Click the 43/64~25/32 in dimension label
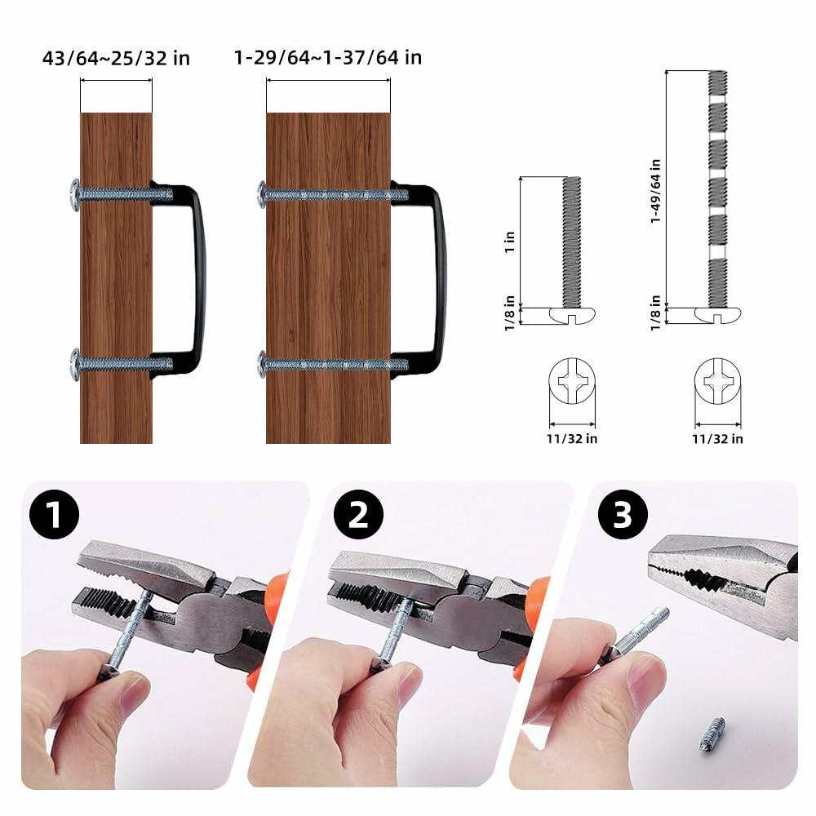click(x=116, y=57)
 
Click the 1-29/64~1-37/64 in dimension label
click(x=327, y=57)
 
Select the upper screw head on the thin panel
click(x=75, y=194)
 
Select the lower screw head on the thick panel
click(x=263, y=363)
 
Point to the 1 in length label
click(x=510, y=241)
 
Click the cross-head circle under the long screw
click(x=718, y=383)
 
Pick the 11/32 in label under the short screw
click(x=573, y=438)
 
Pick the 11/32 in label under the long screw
click(x=718, y=438)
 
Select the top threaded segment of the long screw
click(x=718, y=82)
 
